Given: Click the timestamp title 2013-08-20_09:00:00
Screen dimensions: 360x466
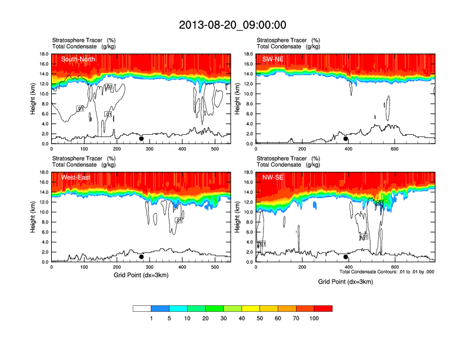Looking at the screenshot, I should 232,25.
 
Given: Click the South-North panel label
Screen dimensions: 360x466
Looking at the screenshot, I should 78,59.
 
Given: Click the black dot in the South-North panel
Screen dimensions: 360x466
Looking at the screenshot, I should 141,139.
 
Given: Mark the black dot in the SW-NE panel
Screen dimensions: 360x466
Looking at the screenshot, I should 346,139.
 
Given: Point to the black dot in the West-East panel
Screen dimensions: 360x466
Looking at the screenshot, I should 141,257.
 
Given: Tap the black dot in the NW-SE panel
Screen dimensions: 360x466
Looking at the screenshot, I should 346,257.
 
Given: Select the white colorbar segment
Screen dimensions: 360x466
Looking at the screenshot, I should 142,308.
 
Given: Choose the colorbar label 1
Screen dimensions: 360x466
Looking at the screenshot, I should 151,318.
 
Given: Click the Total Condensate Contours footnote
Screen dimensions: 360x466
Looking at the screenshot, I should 387,272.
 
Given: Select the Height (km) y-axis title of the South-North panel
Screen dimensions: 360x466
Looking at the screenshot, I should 34,99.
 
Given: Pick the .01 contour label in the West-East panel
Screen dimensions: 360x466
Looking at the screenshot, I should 178,220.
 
